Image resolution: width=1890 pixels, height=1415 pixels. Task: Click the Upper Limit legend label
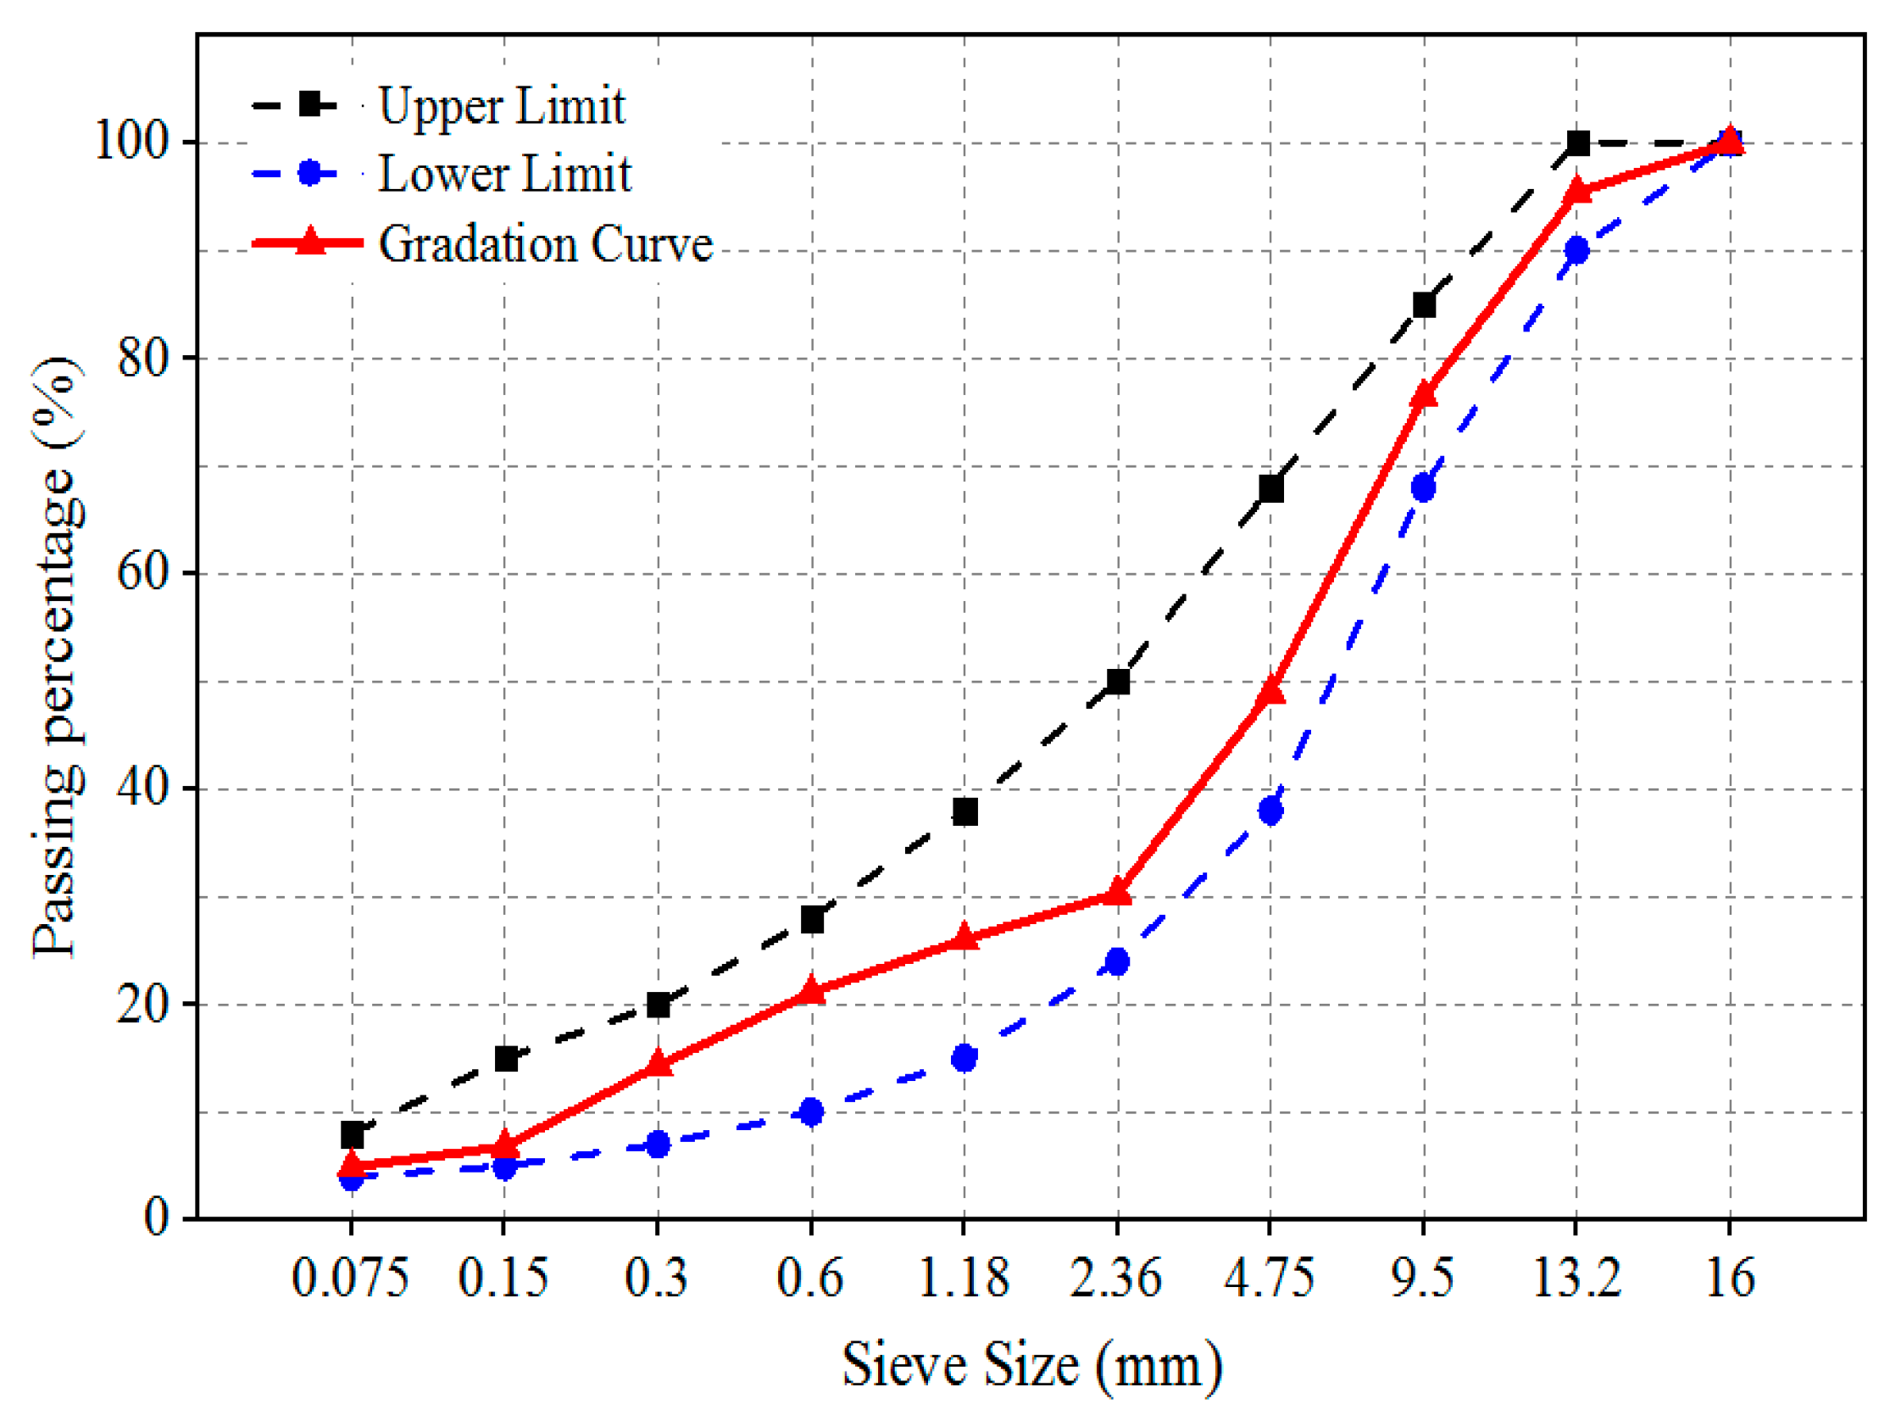tap(502, 106)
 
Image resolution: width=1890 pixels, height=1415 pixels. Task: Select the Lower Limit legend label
tap(504, 174)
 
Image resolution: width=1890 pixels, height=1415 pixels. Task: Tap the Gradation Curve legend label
tap(545, 243)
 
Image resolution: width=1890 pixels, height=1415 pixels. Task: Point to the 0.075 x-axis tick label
tap(349, 1279)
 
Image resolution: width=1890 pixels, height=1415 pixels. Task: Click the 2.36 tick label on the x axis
tap(1116, 1279)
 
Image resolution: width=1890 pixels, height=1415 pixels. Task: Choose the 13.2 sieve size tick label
tap(1576, 1279)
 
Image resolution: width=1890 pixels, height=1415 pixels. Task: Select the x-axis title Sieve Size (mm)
tap(1032, 1365)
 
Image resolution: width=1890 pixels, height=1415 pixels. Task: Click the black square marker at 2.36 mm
tap(1118, 681)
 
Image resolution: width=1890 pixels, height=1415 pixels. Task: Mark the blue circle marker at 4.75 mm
tap(1270, 810)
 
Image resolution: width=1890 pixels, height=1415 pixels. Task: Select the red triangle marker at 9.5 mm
tap(1424, 395)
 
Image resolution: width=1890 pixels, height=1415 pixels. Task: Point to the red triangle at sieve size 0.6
tap(812, 991)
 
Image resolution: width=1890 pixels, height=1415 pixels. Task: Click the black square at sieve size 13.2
tap(1578, 142)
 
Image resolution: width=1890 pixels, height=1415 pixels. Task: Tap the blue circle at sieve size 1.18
tap(964, 1058)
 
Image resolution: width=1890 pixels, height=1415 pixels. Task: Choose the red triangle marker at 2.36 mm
tap(1118, 893)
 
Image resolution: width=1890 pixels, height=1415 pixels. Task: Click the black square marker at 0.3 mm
tap(658, 1005)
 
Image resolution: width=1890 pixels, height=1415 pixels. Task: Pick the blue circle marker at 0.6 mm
tap(812, 1111)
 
